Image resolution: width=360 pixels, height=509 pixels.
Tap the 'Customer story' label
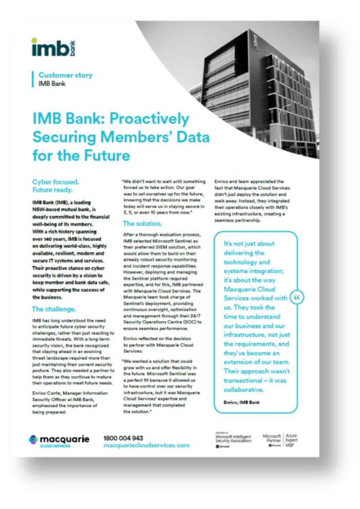tap(65, 75)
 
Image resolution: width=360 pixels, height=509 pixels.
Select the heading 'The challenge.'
tap(54, 309)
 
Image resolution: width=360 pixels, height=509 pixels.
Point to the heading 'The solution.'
tap(142, 224)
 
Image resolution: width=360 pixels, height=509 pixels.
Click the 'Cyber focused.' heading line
tap(56, 182)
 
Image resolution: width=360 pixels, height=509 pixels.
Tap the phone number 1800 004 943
tap(123, 438)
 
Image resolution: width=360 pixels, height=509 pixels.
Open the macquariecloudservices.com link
tap(146, 445)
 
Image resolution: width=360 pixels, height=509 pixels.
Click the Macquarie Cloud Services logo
tap(59, 441)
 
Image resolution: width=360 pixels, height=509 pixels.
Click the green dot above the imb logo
tap(34, 40)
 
